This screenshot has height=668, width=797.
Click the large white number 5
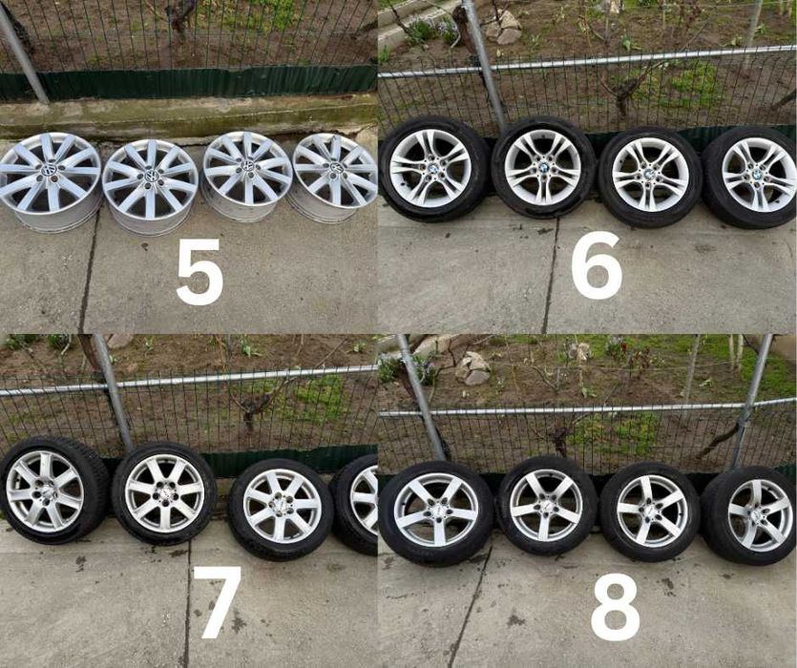[200, 271]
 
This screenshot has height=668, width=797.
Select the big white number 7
[219, 602]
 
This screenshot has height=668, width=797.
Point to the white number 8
[615, 605]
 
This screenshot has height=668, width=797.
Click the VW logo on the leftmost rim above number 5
[49, 171]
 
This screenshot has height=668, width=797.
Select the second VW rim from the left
[150, 178]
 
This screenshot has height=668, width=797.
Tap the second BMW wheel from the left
[542, 168]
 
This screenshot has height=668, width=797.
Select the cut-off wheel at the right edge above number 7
[360, 501]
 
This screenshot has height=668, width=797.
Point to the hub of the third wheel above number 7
[282, 506]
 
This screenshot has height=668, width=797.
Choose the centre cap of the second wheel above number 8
[546, 505]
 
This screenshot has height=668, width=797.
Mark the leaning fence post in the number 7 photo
[113, 391]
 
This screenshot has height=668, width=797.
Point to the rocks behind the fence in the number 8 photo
[472, 366]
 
